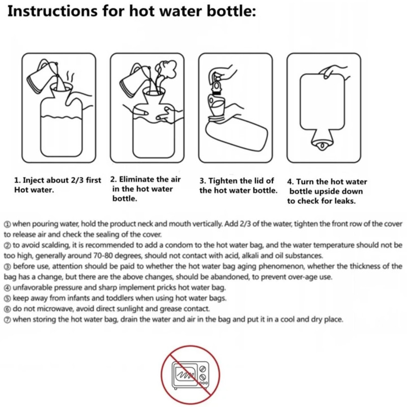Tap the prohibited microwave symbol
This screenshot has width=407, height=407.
(x=190, y=374)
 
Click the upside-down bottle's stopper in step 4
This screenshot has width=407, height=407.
(x=322, y=146)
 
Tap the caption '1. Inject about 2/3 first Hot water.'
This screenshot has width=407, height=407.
(x=57, y=185)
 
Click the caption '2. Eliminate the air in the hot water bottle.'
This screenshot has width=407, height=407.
(x=146, y=189)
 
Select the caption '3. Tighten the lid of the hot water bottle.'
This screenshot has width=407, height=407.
(x=238, y=186)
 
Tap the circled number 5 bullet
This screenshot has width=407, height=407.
(x=8, y=299)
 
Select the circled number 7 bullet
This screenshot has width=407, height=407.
(x=8, y=320)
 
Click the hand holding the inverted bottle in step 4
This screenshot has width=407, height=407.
(x=335, y=71)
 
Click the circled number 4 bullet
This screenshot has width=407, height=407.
(x=8, y=288)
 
